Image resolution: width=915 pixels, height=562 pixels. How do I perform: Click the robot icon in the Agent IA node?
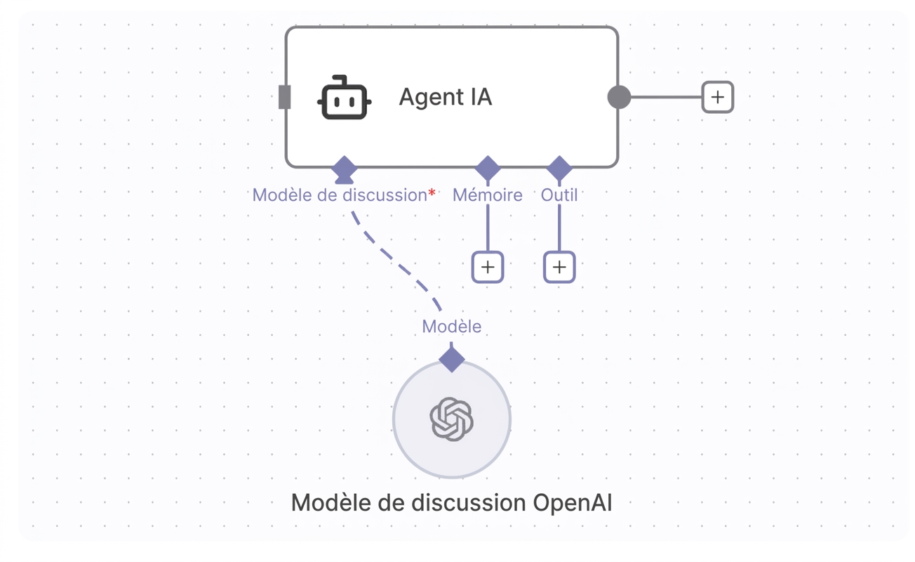(344, 98)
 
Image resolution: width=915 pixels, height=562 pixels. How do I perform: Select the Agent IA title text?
(446, 97)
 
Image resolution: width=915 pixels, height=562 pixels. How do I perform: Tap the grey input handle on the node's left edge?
(284, 97)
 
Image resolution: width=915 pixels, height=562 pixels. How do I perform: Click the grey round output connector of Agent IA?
(619, 97)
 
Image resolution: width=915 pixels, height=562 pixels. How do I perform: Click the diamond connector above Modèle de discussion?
(345, 169)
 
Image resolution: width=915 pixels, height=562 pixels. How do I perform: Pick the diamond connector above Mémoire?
(488, 168)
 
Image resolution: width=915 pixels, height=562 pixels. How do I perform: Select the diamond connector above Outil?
(559, 168)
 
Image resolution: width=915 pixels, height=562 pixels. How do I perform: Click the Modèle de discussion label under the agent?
(340, 195)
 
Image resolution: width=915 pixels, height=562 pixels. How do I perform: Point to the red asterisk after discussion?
(432, 192)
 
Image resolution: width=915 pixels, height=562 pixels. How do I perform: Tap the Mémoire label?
(487, 195)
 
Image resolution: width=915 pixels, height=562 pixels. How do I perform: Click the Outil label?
(559, 195)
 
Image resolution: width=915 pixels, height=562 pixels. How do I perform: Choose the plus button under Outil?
(559, 267)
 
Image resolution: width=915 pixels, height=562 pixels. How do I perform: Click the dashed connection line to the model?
(392, 259)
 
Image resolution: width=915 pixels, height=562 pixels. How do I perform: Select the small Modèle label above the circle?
(452, 327)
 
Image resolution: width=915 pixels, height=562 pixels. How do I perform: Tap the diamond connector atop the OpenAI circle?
(452, 360)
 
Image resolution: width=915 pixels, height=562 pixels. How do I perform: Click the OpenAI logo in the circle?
(452, 419)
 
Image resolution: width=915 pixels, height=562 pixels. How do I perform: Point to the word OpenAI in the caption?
(573, 503)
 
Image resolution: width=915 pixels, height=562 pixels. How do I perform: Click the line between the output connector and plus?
(666, 97)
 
